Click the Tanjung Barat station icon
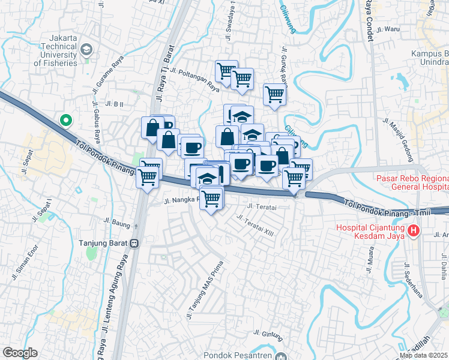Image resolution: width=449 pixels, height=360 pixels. coord(136,244)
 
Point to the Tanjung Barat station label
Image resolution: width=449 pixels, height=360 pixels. coord(104,244)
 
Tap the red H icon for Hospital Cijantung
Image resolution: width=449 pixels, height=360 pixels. coord(412,230)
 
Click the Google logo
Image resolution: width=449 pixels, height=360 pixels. coord(20,353)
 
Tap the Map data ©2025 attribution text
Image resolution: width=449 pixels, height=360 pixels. coord(423,355)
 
